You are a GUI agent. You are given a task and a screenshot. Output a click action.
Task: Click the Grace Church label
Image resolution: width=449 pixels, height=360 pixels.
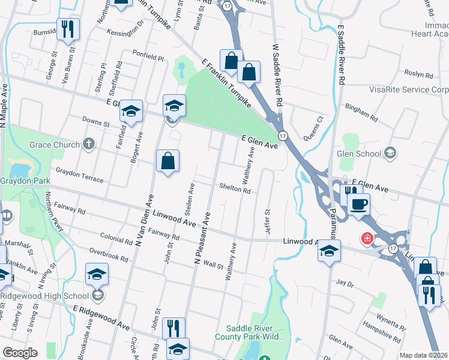click(x=55, y=145)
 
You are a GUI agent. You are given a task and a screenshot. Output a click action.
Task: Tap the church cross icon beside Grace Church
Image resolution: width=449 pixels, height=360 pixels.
click(x=89, y=144)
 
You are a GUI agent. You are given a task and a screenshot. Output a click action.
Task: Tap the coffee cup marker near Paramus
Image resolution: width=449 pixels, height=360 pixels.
click(x=360, y=205)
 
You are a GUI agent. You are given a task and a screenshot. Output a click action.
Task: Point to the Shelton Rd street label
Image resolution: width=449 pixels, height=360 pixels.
click(x=234, y=188)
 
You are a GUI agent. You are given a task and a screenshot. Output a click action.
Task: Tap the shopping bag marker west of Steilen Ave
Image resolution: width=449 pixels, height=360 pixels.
click(x=168, y=161)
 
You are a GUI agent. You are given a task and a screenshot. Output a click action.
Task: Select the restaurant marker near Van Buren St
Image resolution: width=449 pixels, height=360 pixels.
click(x=67, y=28)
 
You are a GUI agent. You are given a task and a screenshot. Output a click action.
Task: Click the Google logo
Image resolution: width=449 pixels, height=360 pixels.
click(x=20, y=353)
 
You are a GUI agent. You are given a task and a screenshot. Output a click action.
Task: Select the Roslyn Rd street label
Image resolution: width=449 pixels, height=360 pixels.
click(x=419, y=75)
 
